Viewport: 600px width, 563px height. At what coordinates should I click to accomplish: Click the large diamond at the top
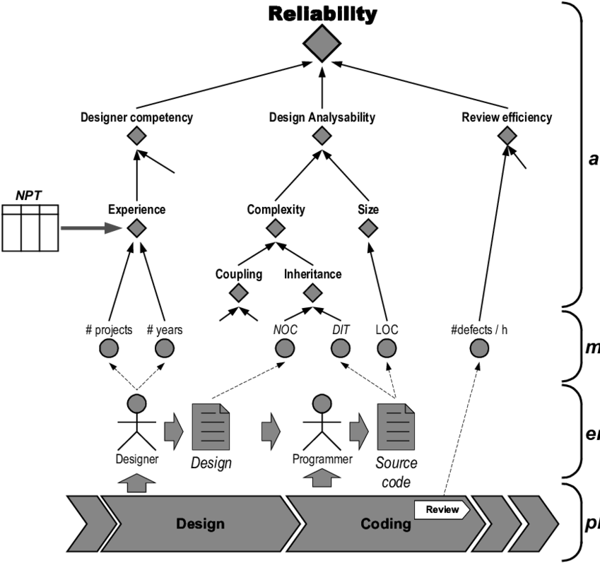point(322,43)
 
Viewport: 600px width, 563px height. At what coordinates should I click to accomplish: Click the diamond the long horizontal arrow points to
point(136,228)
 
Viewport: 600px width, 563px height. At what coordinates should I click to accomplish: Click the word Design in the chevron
point(200,524)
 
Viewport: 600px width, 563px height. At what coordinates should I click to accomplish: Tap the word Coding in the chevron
point(385,524)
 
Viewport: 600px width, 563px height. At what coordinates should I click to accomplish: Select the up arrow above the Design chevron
point(136,483)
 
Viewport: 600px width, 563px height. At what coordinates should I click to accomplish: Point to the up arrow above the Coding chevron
point(322,478)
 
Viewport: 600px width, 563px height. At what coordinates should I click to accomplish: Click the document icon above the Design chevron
point(211,427)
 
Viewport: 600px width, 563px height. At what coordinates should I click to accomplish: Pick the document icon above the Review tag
point(396,427)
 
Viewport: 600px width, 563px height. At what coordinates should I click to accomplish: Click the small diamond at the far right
point(507,136)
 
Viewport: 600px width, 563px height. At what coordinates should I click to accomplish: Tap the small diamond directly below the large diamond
point(322,136)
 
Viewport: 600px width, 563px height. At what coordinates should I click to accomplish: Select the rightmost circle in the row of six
point(479,348)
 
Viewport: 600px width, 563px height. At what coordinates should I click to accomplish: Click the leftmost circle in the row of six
point(109,348)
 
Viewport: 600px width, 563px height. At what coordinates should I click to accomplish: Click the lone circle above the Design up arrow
point(136,403)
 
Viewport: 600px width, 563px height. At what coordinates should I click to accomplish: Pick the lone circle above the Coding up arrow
point(322,403)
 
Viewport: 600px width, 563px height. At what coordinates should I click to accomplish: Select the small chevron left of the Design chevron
point(83,524)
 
